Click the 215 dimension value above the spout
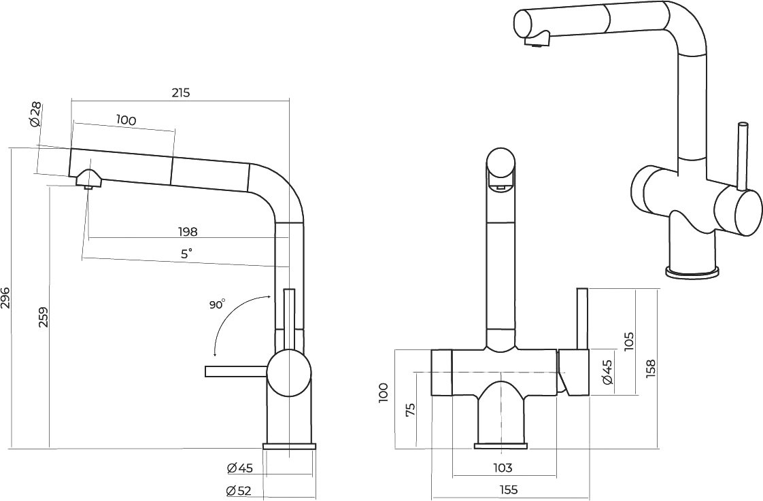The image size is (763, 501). [180, 92]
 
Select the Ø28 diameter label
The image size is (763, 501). [36, 116]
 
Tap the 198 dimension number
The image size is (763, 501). [188, 232]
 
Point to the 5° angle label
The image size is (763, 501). [187, 254]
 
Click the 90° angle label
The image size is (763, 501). [218, 305]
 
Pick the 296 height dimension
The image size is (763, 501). [5, 298]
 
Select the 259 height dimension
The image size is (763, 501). [44, 317]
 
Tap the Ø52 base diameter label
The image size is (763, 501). [239, 491]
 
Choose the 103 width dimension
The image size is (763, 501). [503, 468]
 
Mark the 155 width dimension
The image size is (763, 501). [508, 490]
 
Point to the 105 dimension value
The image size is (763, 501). [629, 341]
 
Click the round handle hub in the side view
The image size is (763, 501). [289, 373]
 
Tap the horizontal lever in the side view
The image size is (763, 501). [237, 372]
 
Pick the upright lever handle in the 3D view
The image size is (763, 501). [743, 156]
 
